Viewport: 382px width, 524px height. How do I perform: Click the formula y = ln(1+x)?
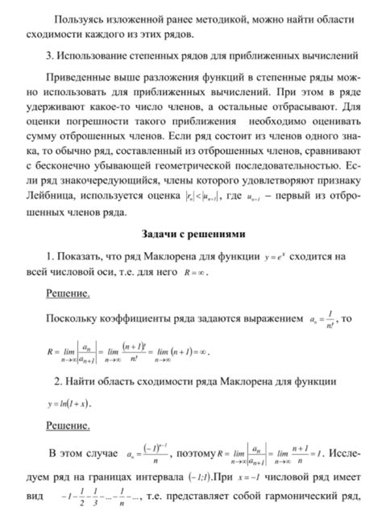69,401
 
